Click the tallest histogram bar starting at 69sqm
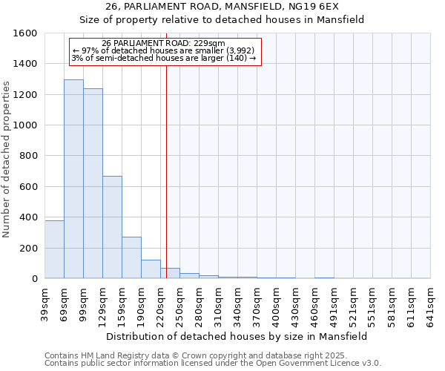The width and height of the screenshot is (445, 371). click(x=73, y=179)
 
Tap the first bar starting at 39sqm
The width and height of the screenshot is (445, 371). click(x=54, y=249)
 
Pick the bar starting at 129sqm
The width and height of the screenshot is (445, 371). click(x=112, y=227)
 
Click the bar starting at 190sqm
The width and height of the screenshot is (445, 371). click(x=151, y=269)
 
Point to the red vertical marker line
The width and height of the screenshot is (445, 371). click(x=166, y=171)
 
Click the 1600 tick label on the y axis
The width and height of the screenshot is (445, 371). click(x=25, y=33)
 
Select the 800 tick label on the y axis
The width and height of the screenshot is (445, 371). click(x=28, y=156)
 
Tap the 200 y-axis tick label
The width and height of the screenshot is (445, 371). click(x=28, y=248)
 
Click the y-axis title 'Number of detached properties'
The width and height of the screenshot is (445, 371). click(x=7, y=156)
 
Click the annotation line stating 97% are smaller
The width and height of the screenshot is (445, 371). click(x=164, y=50)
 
